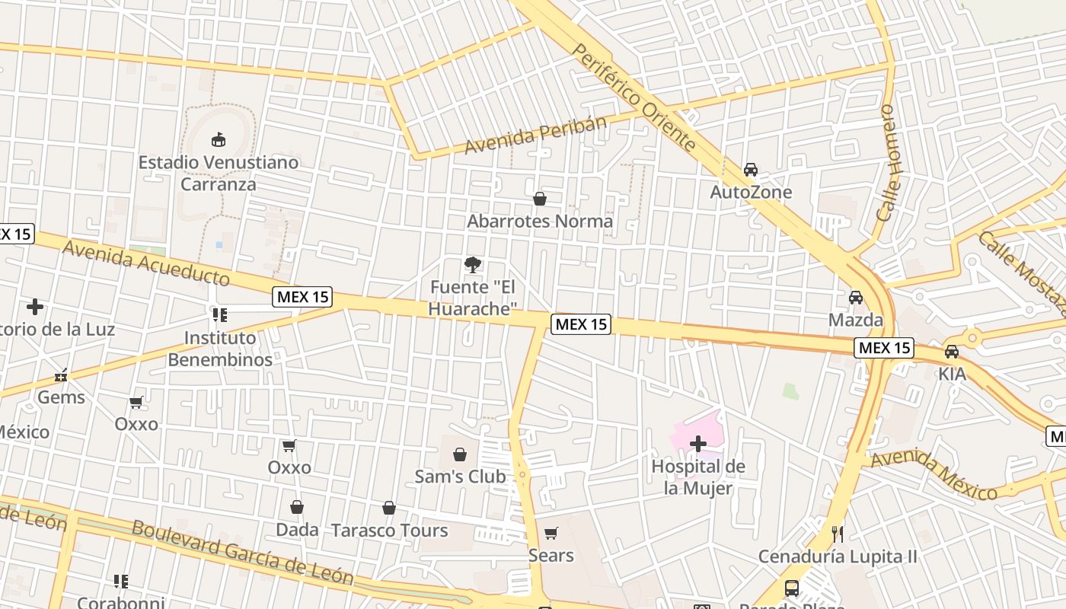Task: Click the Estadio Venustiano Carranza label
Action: coord(219,174)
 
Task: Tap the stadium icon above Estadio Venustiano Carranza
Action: coord(219,139)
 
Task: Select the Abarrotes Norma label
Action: coord(540,222)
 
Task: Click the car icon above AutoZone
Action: coord(751,170)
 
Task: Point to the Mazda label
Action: coord(856,320)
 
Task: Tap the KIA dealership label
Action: coord(952,375)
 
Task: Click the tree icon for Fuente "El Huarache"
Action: coord(473,265)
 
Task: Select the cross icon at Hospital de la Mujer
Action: coord(698,443)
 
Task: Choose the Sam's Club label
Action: coord(460,477)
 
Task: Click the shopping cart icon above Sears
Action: coord(551,533)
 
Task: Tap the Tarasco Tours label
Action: coord(389,531)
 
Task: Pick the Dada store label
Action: coord(297,529)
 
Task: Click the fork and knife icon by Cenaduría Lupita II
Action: coord(838,534)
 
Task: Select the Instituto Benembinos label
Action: coord(220,349)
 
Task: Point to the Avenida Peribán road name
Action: coord(536,135)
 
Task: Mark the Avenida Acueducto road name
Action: coord(146,263)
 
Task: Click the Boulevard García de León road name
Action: coord(243,551)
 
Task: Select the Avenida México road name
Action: coord(934,475)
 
